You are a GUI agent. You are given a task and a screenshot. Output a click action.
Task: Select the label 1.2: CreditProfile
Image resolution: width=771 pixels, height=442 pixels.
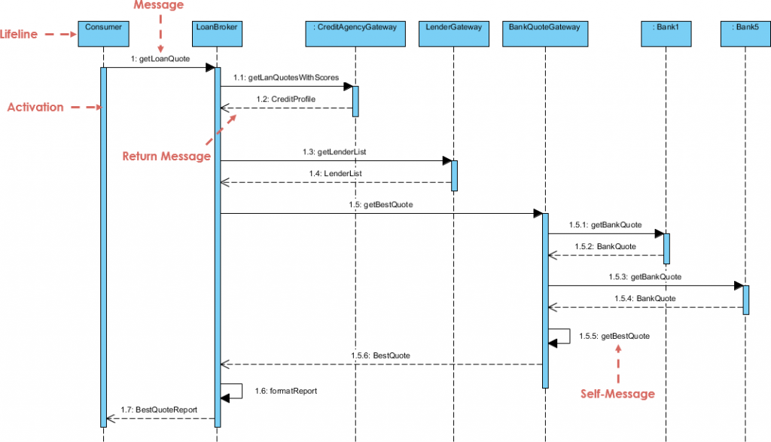285,99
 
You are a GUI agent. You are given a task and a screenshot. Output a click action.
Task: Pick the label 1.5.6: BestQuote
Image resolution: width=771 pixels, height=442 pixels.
380,355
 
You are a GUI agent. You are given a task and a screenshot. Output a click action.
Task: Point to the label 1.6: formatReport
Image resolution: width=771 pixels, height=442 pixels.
286,391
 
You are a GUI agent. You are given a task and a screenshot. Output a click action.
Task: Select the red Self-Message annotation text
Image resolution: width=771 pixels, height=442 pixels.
617,393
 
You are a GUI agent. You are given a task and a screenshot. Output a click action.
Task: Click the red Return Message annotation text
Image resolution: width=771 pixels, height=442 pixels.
166,156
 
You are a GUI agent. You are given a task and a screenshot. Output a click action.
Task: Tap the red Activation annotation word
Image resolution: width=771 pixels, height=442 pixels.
35,107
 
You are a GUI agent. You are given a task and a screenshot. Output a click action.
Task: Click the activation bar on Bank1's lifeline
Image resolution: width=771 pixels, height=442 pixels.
666,248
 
